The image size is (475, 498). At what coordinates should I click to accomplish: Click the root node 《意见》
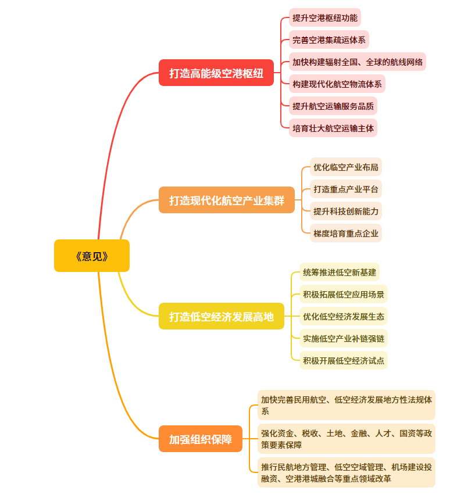(x=92, y=256)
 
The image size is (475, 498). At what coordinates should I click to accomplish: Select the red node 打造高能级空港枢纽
(x=216, y=73)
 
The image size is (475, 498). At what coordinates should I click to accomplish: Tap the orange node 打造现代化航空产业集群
(x=227, y=200)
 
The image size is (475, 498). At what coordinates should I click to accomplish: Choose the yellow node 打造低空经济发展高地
(x=222, y=317)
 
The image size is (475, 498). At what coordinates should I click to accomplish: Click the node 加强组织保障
(x=201, y=439)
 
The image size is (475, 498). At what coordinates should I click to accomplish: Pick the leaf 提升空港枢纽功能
(x=325, y=17)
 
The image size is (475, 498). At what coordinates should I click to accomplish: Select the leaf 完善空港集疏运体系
(x=329, y=40)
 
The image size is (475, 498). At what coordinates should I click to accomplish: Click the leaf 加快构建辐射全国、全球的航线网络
(x=358, y=62)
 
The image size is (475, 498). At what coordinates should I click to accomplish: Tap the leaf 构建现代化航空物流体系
(x=337, y=84)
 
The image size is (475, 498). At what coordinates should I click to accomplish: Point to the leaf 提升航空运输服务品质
(x=333, y=106)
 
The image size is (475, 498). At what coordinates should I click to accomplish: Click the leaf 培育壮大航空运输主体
(x=333, y=128)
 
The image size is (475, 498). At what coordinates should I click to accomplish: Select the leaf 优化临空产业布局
(x=346, y=167)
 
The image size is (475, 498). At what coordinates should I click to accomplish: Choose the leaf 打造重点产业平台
(x=346, y=189)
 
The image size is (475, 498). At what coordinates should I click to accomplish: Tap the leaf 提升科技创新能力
(x=346, y=212)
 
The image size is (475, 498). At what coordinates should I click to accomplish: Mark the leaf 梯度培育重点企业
(x=346, y=234)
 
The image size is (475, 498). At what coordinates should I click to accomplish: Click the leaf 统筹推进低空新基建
(x=340, y=272)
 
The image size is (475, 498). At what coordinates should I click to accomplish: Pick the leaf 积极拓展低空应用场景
(x=344, y=294)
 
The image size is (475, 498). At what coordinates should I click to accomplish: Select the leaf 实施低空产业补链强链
(x=344, y=338)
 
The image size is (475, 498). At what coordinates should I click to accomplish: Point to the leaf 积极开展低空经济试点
(x=344, y=360)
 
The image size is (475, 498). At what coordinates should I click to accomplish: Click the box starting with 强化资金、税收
(x=347, y=439)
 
